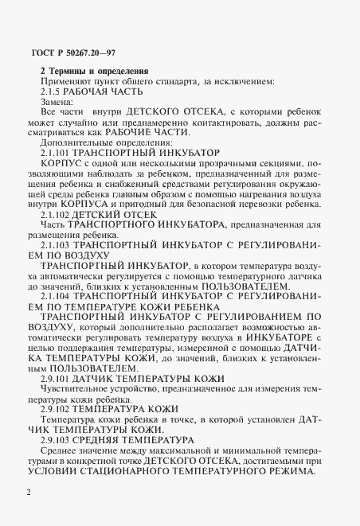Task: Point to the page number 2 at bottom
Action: [x=29, y=493]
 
